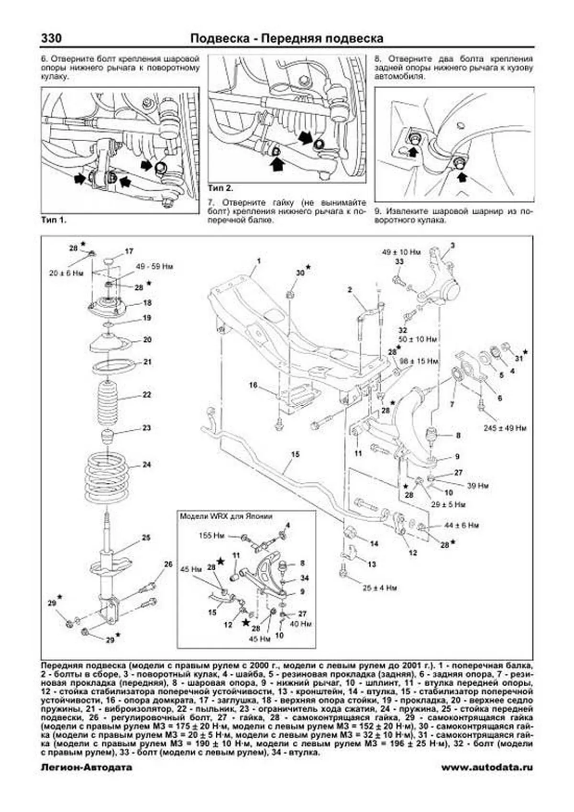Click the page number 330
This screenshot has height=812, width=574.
click(x=52, y=38)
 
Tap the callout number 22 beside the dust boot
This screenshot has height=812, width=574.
click(x=147, y=395)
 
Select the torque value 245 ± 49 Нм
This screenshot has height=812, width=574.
click(x=505, y=428)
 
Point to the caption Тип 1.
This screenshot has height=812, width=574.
click(x=54, y=220)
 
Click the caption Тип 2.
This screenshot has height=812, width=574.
click(x=221, y=188)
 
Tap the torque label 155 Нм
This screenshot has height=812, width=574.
click(x=211, y=536)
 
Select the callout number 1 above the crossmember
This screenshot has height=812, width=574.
click(x=258, y=261)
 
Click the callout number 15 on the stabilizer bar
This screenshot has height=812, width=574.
click(x=295, y=454)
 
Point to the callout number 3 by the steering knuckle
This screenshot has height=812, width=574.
click(x=452, y=245)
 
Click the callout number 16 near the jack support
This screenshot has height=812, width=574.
click(x=253, y=385)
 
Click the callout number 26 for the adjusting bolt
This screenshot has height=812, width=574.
click(x=168, y=564)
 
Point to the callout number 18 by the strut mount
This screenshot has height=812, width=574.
click(x=147, y=303)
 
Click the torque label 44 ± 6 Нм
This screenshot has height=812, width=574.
click(x=461, y=525)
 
